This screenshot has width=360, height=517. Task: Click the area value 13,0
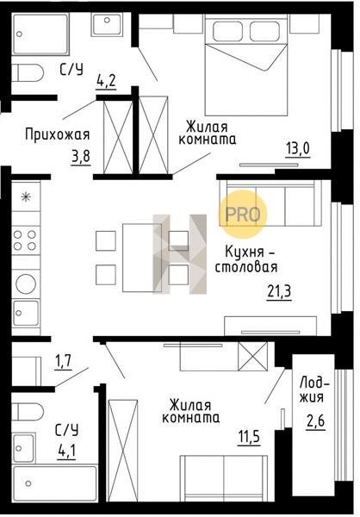pos(298,149)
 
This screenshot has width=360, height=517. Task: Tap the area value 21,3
pos(279,292)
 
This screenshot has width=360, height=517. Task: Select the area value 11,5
pos(249,437)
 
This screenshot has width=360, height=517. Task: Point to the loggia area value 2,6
pos(315,421)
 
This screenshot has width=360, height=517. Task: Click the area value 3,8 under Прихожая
pos(80,156)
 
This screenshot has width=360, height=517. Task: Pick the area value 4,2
pos(106,81)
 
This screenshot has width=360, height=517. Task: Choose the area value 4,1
pos(66,452)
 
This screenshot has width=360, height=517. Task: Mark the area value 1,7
pos(62,362)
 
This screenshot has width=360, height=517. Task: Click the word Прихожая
pos(58,134)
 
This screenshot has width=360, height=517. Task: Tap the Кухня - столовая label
pos(246,260)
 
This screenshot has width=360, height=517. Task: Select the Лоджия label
pos(316,390)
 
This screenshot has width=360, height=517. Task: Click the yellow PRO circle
pos(243,215)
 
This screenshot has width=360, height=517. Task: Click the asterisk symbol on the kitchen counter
pos(25,197)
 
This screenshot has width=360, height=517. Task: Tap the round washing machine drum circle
pos(26,283)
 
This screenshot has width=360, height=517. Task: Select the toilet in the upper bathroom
pos(28,72)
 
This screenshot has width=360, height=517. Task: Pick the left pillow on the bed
pos(228,31)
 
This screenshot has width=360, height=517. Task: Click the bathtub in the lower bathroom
pos(55,483)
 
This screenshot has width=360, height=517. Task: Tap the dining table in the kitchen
pos(142,258)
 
